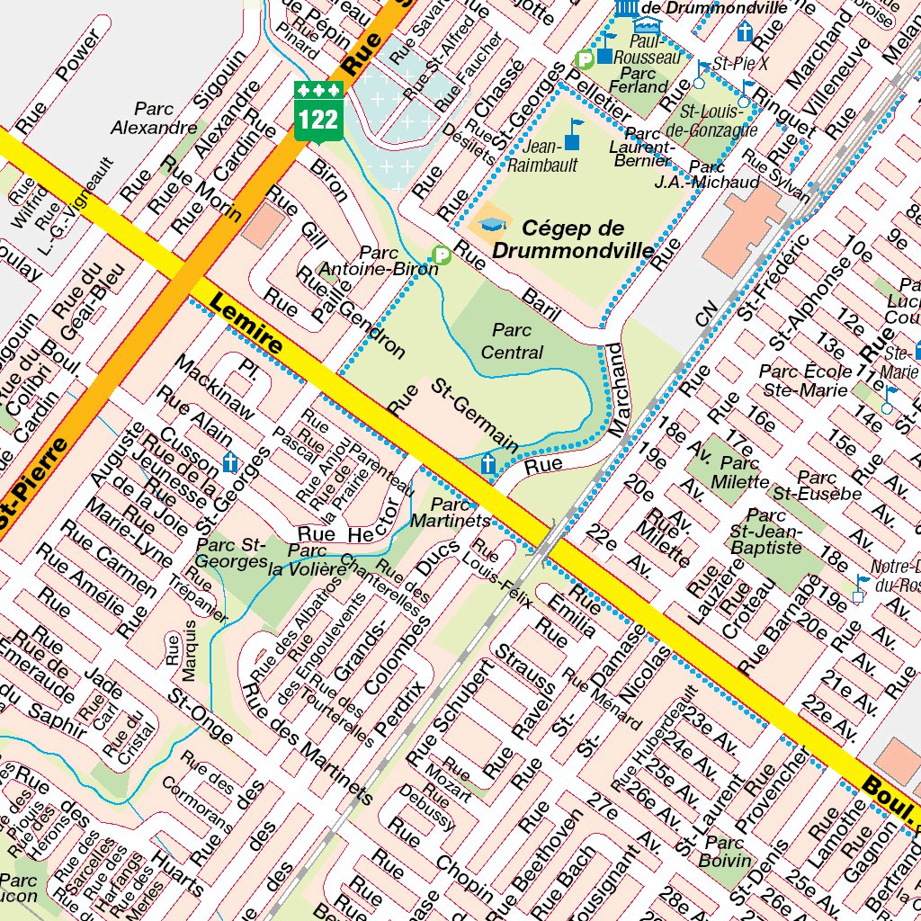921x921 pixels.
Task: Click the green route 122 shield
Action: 319,111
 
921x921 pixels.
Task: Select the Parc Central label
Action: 512,341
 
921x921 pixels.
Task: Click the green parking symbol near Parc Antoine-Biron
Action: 441,256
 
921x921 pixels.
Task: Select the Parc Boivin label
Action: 725,851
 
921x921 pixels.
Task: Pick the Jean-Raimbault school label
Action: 534,155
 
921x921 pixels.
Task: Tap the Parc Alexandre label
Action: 154,118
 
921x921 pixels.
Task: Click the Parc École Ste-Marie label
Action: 805,380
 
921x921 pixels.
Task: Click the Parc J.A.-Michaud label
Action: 720,174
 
